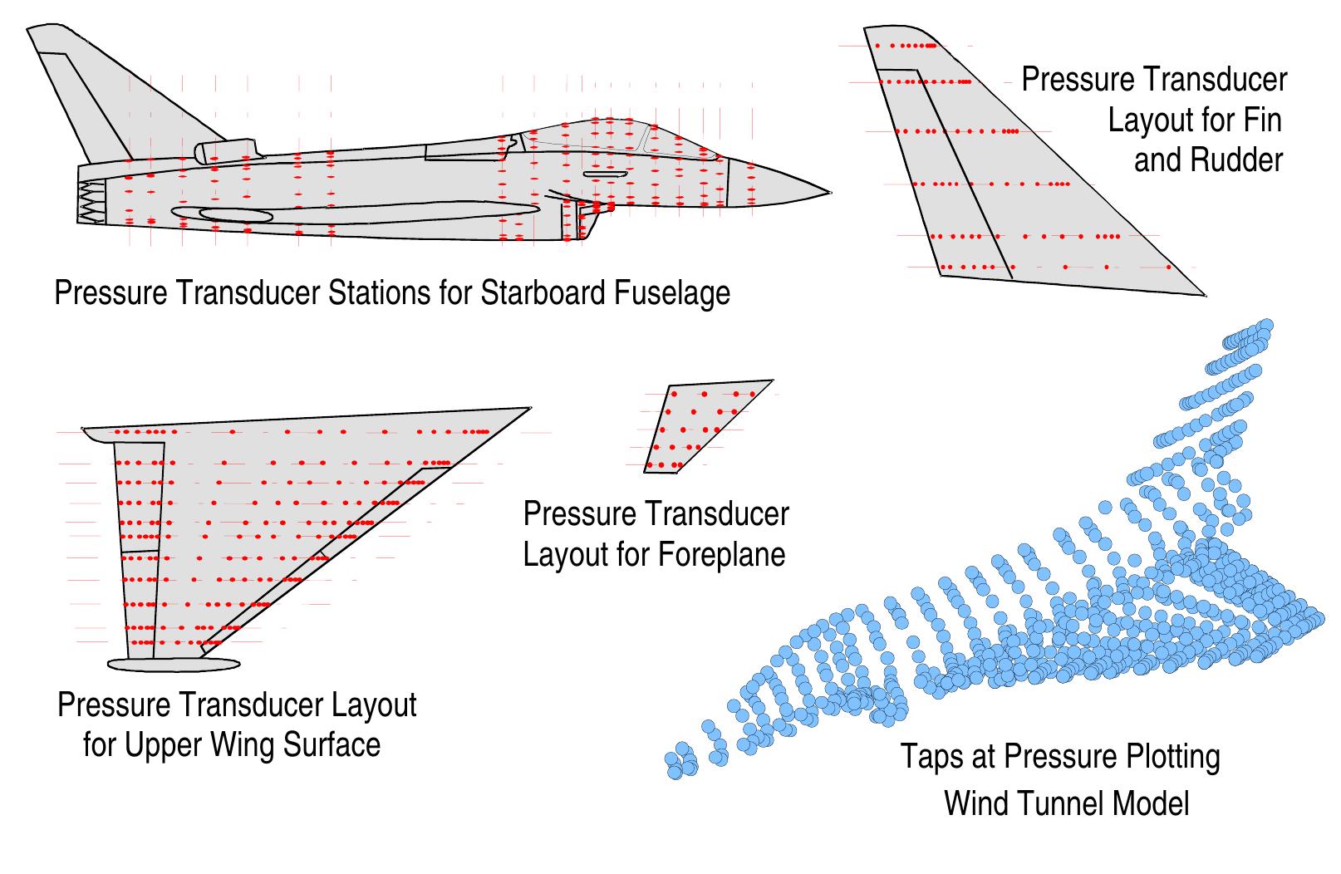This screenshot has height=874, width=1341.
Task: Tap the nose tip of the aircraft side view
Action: (x=828, y=193)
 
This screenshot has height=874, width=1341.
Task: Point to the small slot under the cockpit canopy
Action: (x=606, y=174)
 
